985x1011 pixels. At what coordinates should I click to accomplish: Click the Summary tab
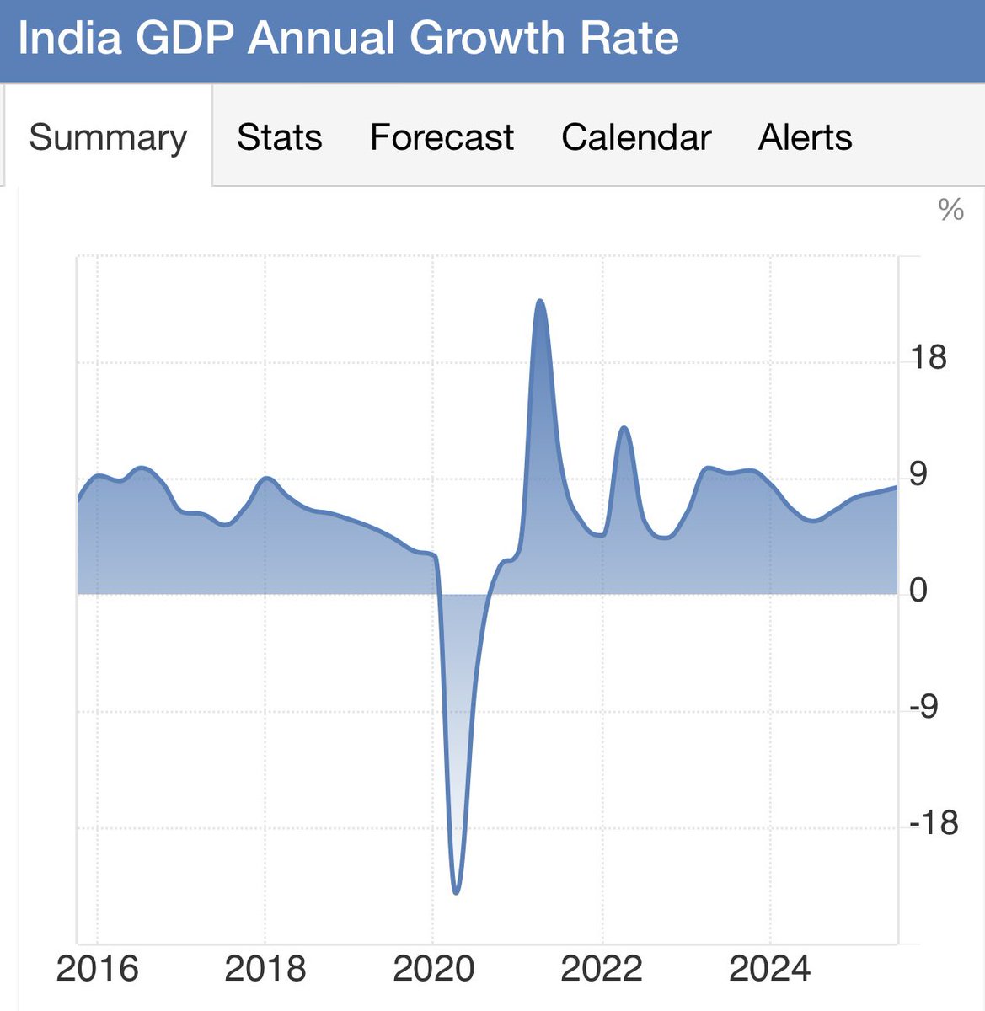point(108,137)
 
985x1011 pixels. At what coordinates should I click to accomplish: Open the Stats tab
point(279,137)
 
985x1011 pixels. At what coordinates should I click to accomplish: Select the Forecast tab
point(442,137)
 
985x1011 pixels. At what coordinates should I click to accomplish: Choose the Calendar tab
point(636,137)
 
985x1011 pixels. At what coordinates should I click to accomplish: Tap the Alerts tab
point(805,137)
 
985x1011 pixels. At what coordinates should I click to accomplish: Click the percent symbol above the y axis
point(950,210)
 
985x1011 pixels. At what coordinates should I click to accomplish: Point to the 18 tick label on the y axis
point(929,358)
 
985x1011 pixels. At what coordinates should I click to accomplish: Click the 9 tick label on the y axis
point(918,474)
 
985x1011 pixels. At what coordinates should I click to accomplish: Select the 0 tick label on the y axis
point(918,591)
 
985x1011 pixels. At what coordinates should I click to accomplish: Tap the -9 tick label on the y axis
point(923,706)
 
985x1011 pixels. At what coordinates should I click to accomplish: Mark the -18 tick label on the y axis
point(934,822)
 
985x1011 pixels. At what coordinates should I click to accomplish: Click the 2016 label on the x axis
point(97,969)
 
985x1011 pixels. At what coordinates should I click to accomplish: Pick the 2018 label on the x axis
point(265,969)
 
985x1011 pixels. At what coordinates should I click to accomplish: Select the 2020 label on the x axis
point(434,969)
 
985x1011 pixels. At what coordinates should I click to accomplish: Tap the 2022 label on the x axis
point(602,969)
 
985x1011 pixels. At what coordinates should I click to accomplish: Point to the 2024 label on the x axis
point(769,969)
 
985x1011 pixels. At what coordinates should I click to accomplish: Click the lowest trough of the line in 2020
point(456,892)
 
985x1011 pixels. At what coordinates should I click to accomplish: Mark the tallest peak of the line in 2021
point(540,300)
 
